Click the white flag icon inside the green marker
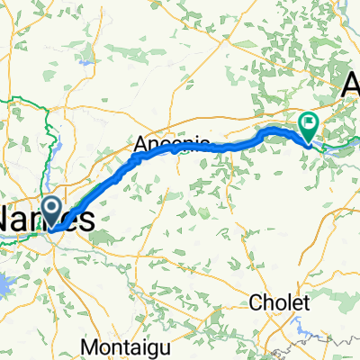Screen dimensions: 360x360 [x=309, y=121]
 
